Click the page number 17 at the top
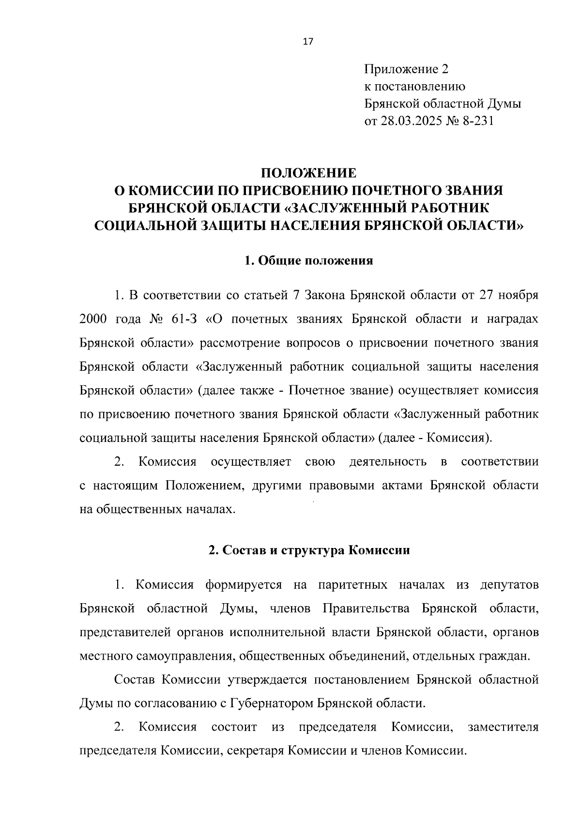coord(308,42)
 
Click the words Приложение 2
coord(406,70)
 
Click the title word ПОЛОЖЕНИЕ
coord(308,173)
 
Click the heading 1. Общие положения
coord(308,261)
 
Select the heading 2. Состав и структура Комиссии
coord(308,550)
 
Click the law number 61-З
coord(184,319)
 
